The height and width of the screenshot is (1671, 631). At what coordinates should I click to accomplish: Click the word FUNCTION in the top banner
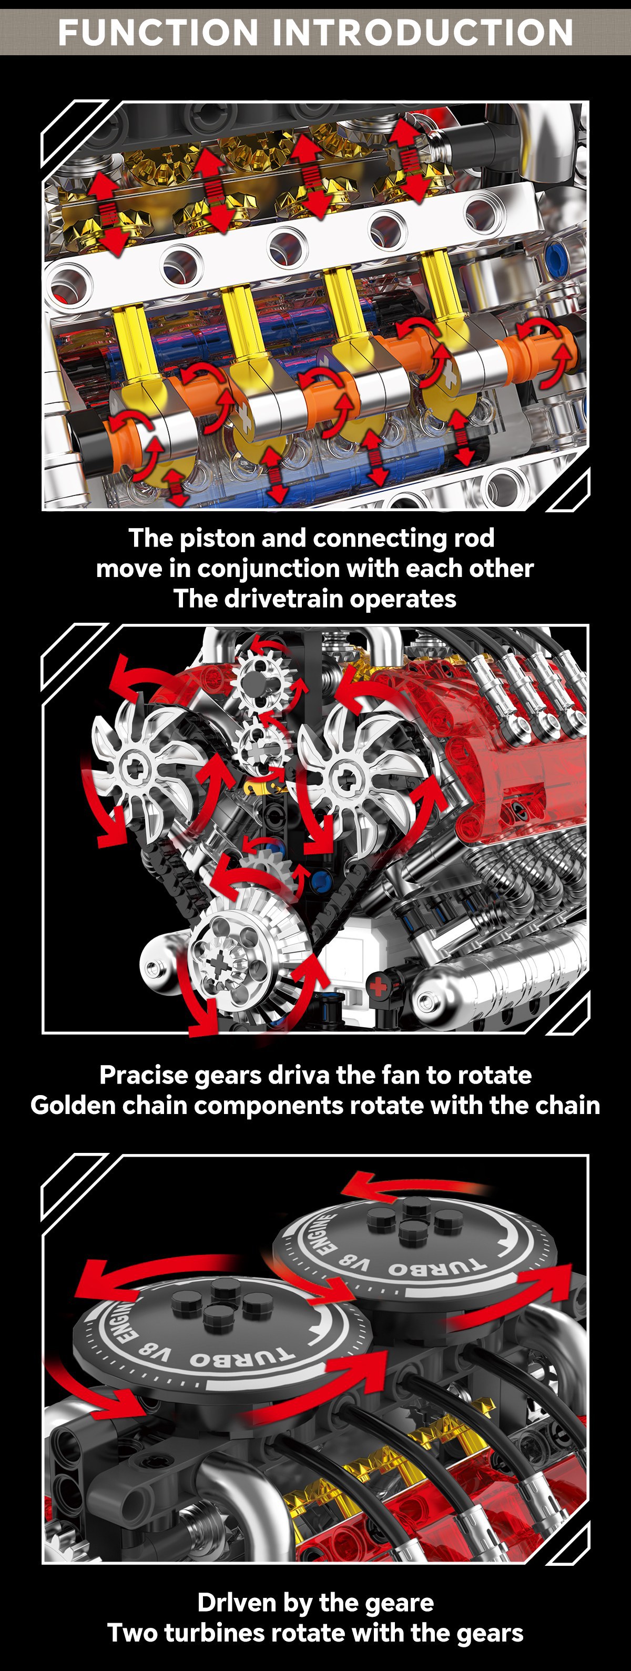158,33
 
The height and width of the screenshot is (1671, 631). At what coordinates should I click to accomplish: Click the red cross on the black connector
378,987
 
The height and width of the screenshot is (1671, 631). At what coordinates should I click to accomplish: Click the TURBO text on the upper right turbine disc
436,1268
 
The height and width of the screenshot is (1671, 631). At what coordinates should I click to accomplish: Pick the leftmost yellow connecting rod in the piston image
134,344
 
